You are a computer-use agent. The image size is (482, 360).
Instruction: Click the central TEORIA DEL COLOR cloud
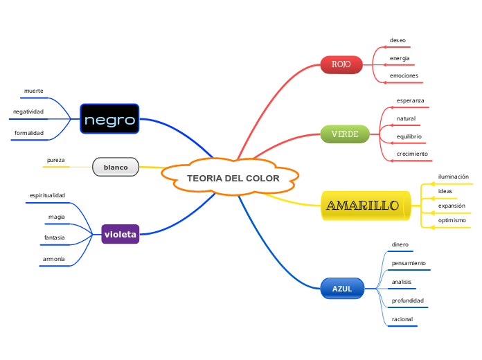click(x=233, y=179)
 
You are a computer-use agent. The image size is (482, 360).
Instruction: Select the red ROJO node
click(x=341, y=64)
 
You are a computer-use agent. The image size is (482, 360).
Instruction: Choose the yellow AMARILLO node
click(x=363, y=206)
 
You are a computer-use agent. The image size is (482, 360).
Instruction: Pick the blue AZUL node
click(x=342, y=289)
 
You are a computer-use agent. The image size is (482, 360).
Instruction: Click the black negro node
click(x=109, y=120)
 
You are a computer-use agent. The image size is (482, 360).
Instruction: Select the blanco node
click(x=116, y=168)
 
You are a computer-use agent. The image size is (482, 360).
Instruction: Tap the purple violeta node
click(x=120, y=235)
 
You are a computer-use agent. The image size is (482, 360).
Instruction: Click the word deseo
click(x=398, y=40)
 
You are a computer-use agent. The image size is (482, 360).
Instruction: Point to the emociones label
click(x=404, y=75)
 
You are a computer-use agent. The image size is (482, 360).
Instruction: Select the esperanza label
click(x=410, y=100)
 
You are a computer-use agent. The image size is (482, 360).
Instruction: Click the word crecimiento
click(x=412, y=153)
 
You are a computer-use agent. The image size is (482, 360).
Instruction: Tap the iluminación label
click(x=454, y=177)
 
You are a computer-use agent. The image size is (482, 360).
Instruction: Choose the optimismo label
click(x=452, y=220)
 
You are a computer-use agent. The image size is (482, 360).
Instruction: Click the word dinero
click(x=400, y=244)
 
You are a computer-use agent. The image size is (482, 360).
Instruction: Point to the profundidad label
click(x=407, y=300)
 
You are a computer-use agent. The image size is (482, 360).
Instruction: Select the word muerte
click(x=33, y=91)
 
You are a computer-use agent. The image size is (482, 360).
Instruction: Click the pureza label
click(x=55, y=160)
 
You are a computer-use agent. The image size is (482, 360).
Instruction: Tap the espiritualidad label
click(x=47, y=195)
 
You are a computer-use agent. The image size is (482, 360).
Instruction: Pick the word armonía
click(x=53, y=258)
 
